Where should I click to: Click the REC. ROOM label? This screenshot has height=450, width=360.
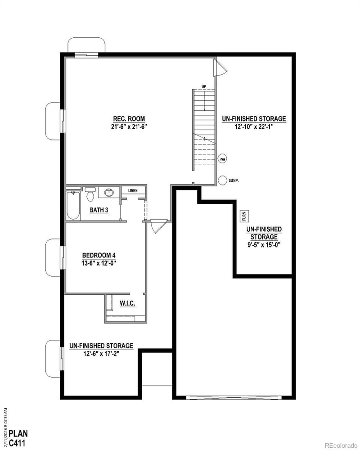click(x=130, y=119)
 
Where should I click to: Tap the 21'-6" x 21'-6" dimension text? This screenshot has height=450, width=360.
click(x=130, y=126)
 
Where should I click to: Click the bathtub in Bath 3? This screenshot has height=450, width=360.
click(x=72, y=206)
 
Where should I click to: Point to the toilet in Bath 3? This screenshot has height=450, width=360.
click(x=90, y=194)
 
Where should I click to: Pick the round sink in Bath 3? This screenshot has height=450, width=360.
click(x=108, y=193)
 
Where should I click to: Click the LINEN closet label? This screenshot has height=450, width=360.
click(x=133, y=190)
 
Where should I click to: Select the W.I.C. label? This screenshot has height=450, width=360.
click(x=126, y=303)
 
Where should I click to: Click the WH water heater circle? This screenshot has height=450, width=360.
click(x=222, y=158)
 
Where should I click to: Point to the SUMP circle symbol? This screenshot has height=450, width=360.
click(x=222, y=180)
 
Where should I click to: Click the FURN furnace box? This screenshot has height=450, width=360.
click(x=244, y=216)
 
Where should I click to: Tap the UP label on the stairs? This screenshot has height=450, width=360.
click(x=203, y=86)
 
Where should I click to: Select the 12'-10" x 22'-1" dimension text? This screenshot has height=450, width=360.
click(x=254, y=127)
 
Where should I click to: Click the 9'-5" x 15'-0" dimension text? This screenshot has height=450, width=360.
click(x=264, y=245)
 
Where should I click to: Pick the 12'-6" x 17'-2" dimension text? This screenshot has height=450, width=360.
click(x=101, y=354)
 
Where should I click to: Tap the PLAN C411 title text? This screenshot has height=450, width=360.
click(x=19, y=438)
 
